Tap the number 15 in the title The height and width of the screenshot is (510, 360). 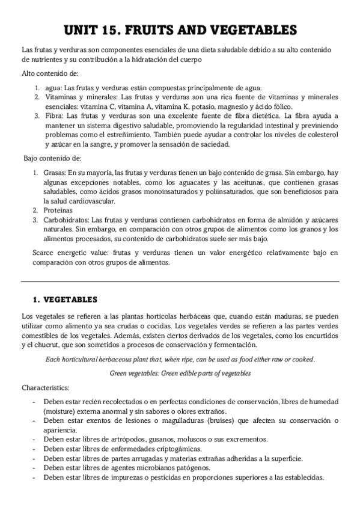(x=121, y=30)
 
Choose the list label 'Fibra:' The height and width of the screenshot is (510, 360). (x=53, y=115)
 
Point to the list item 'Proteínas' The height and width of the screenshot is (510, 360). (x=58, y=210)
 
